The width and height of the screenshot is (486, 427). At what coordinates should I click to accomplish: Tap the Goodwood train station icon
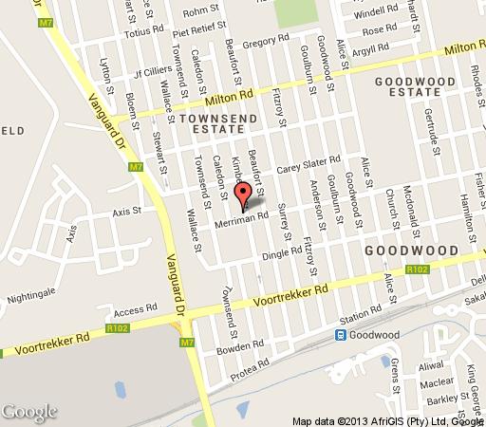[341, 335]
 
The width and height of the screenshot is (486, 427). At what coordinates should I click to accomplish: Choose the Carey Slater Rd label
[308, 162]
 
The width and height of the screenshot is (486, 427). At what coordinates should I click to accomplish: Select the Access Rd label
[134, 310]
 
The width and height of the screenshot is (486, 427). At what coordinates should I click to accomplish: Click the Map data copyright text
[388, 419]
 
